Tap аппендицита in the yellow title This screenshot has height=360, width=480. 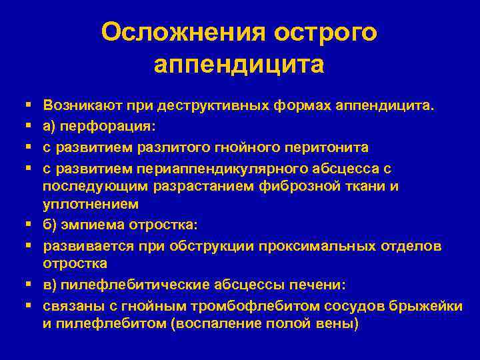click(x=239, y=65)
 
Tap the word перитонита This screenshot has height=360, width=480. click(x=329, y=146)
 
